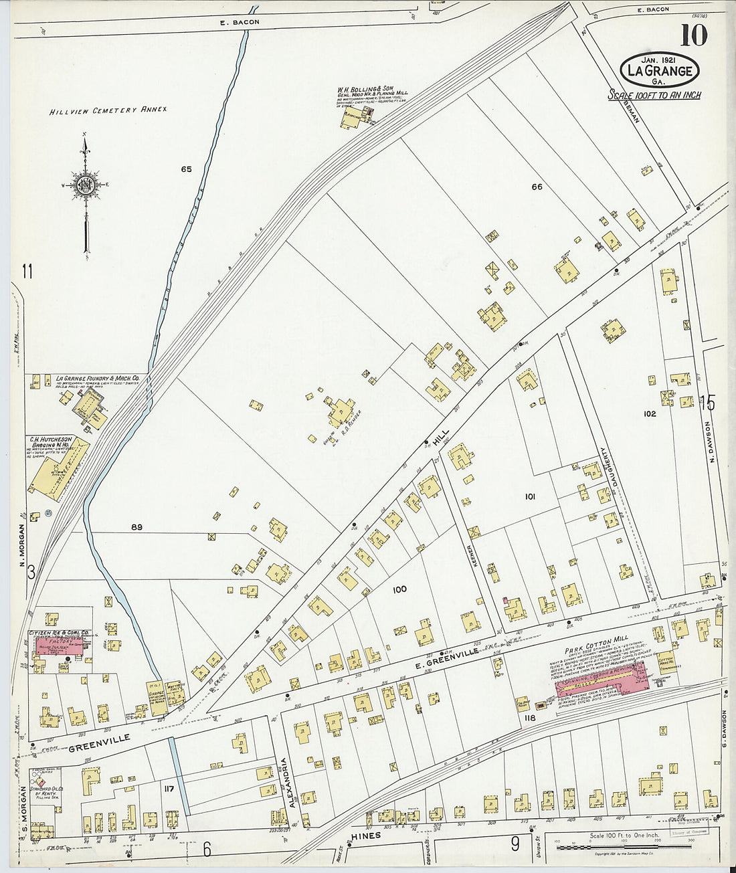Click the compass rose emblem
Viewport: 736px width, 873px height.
click(85, 184)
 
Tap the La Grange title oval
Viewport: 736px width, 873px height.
click(660, 70)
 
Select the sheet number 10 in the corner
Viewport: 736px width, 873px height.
click(693, 35)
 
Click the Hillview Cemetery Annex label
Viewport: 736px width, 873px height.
click(108, 110)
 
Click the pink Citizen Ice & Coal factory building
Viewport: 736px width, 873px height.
click(56, 646)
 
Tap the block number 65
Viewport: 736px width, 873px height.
click(186, 169)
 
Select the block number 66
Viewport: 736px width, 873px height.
click(537, 187)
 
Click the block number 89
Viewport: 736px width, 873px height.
click(136, 527)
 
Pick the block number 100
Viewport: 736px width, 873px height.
click(399, 589)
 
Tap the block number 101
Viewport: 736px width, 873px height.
click(530, 496)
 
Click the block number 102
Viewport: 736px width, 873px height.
click(649, 413)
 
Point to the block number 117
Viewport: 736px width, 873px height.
click(168, 789)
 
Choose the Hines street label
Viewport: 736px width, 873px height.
click(365, 836)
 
